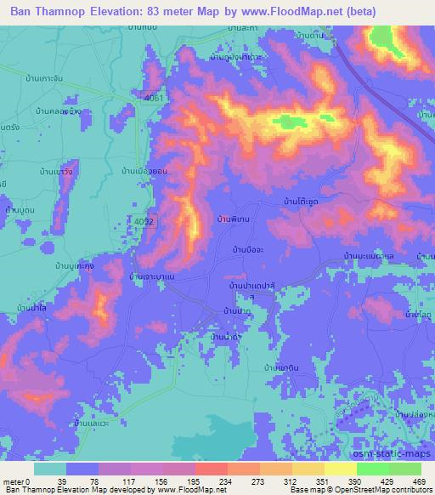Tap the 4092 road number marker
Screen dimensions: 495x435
145,220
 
